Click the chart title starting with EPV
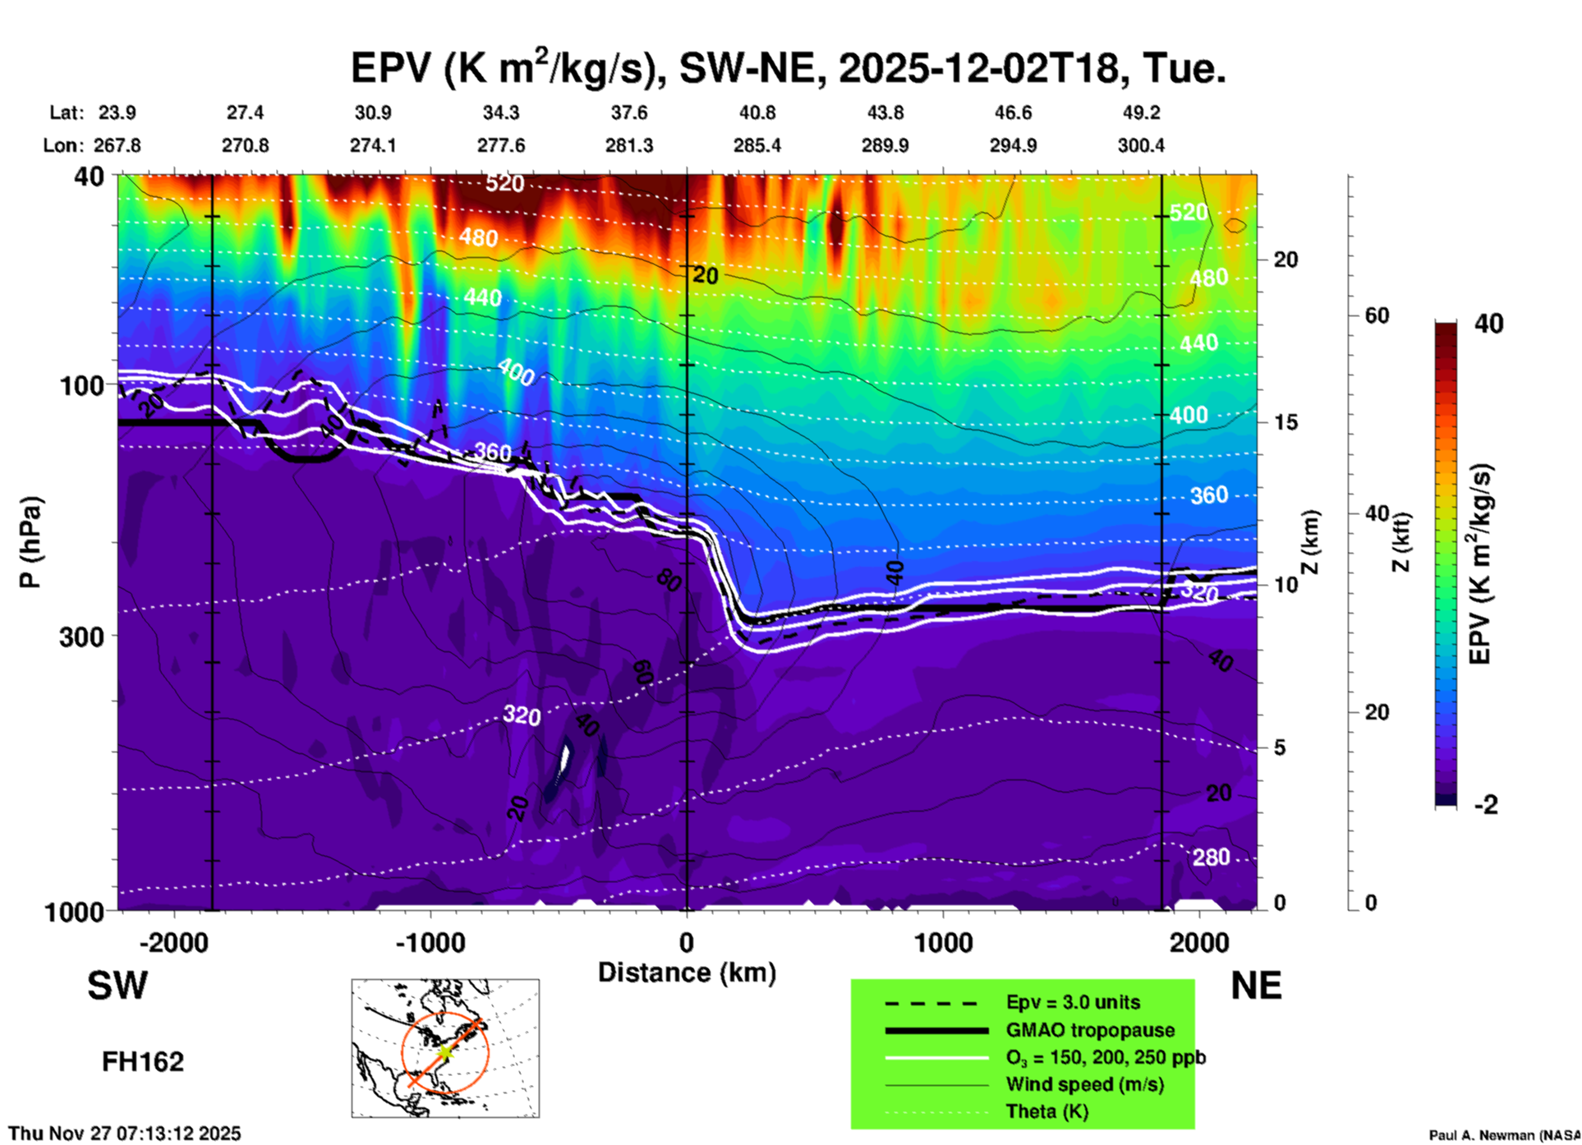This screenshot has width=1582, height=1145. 789,67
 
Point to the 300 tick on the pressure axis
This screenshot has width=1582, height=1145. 82,637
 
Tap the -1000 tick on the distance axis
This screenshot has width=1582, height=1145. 430,942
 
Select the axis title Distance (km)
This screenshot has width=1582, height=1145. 687,973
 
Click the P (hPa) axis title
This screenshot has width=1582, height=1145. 30,542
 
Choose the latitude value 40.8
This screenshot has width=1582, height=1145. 757,113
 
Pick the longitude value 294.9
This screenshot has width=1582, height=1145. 1013,145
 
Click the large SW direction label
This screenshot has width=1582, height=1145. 117,986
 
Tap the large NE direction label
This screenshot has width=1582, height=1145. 1256,986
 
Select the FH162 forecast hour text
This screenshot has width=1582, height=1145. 143,1062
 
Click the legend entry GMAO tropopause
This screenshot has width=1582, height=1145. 1090,1030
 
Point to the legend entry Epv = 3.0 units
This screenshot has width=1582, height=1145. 1073,1002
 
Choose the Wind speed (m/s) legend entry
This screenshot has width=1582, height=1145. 1084,1084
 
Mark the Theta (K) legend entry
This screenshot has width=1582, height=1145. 1046,1111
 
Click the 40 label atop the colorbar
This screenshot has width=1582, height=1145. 1488,324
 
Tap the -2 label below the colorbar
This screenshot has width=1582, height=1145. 1486,805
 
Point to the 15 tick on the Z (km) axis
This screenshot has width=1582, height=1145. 1285,422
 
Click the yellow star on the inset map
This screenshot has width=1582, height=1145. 444,1051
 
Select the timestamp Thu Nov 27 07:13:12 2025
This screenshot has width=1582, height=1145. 125,1134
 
